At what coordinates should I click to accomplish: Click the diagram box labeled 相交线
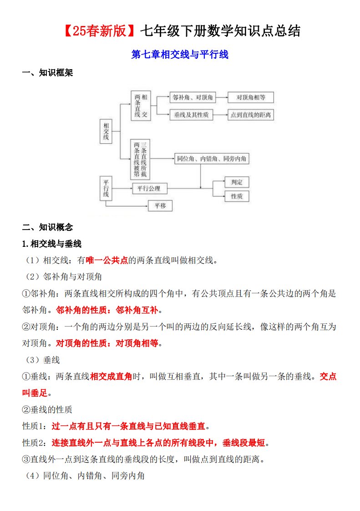point(106,132)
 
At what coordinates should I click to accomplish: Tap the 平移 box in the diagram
point(160,206)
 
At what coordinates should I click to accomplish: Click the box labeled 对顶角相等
point(251,97)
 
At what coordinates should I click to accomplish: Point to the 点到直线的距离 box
point(251,115)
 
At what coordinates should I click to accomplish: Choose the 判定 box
point(237,182)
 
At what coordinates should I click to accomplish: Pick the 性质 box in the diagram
point(237,196)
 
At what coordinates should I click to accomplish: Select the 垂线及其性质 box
point(191,115)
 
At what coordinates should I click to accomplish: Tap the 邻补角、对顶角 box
point(191,97)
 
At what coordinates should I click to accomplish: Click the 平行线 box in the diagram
point(106,188)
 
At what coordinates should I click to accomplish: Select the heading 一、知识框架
point(48,73)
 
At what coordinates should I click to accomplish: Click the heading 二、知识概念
point(48,227)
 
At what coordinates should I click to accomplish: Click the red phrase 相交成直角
point(111,376)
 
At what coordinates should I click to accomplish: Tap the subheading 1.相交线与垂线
point(52,244)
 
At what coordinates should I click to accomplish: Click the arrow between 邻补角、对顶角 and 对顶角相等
point(222,97)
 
